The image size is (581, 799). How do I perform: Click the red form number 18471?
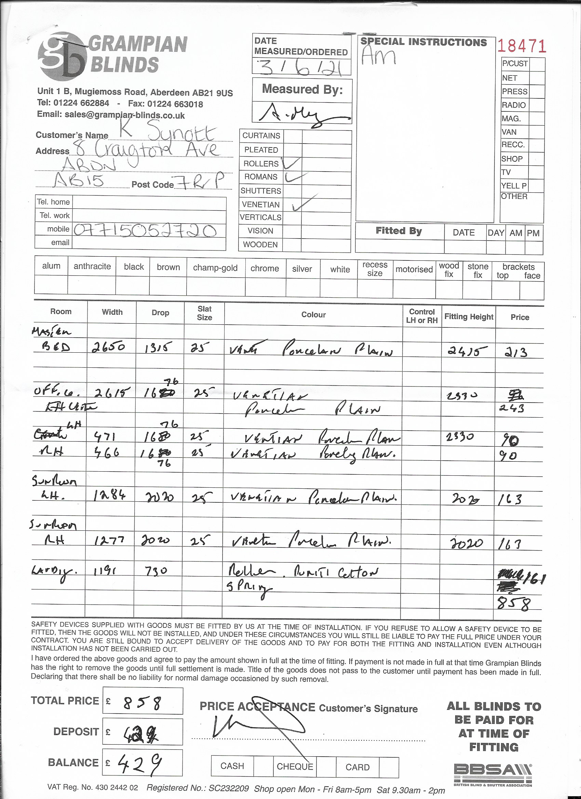pos(522,46)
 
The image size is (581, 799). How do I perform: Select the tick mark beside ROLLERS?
pos(292,163)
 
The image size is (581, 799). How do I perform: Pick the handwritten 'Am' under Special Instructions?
pos(378,56)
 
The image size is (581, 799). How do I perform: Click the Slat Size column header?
pos(204,313)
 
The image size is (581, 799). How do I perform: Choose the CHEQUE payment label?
pos(295,766)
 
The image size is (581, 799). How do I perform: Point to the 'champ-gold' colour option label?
pos(215,268)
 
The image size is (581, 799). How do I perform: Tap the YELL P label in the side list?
pos(514,186)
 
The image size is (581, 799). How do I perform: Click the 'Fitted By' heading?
pos(398,231)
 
